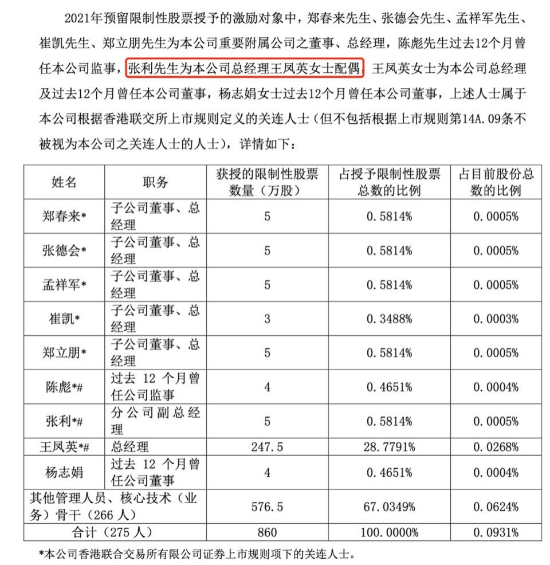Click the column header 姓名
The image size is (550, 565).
(x=64, y=182)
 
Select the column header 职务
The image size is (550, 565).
(x=155, y=182)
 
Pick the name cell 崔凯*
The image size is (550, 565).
(x=64, y=319)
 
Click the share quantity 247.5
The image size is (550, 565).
(x=267, y=446)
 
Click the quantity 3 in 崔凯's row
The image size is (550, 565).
(x=267, y=319)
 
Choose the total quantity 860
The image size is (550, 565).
(x=267, y=532)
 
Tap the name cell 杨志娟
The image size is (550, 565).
(x=64, y=472)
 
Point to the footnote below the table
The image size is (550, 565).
(x=197, y=554)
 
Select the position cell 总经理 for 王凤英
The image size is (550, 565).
(x=129, y=446)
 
